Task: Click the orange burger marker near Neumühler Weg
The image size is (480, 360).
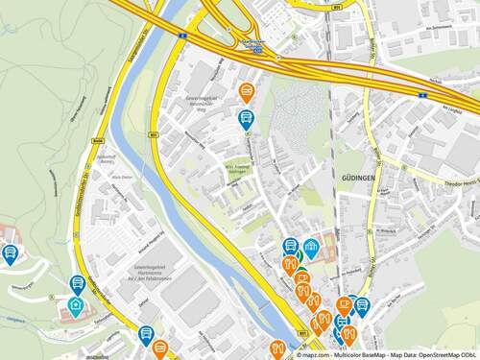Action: coord(247,92)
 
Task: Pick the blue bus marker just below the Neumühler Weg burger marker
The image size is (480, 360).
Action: coord(246,119)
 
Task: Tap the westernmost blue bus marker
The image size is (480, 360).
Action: coord(11,253)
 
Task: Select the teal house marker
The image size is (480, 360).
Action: coord(75,306)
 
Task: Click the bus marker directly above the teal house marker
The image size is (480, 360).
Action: coord(78,284)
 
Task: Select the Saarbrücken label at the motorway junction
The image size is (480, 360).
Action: coord(252,44)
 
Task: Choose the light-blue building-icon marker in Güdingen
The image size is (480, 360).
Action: coord(310,249)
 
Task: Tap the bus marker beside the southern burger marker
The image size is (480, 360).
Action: coord(146,334)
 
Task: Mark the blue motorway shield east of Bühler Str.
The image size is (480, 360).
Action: coord(422,97)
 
